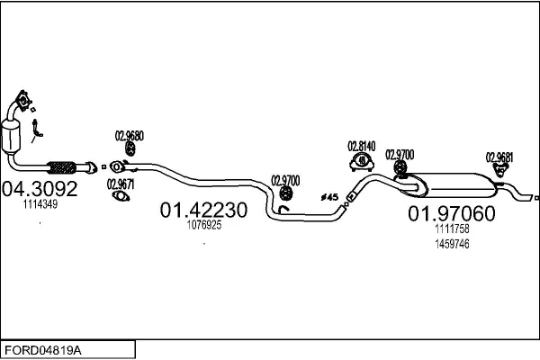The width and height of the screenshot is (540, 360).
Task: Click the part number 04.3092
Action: tap(40, 189)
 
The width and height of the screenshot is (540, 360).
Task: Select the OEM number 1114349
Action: tap(40, 205)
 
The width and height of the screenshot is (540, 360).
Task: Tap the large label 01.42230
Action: tap(202, 210)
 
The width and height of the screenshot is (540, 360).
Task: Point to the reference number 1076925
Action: tap(203, 226)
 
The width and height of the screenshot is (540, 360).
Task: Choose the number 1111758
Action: tap(452, 229)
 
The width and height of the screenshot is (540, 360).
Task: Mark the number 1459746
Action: tap(452, 243)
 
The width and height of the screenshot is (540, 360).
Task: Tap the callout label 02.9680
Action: tap(129, 136)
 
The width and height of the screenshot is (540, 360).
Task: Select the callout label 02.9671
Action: tap(121, 184)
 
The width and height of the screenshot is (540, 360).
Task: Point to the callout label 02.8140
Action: tap(362, 145)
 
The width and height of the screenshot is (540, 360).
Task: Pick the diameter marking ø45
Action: tap(328, 196)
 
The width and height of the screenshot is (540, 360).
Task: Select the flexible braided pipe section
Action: tap(62, 166)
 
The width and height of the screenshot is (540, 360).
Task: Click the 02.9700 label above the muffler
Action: tap(400, 154)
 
